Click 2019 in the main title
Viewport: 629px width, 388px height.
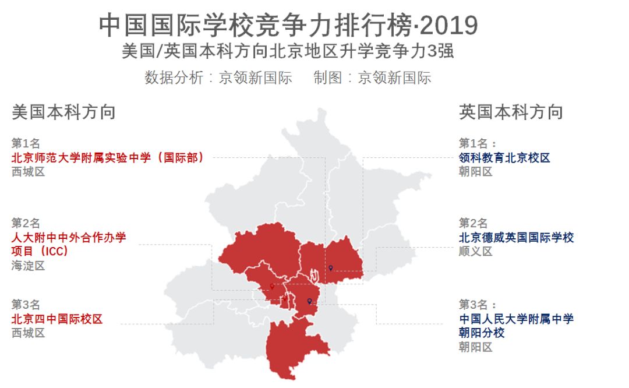tap(448, 25)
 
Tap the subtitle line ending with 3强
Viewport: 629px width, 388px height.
tap(288, 51)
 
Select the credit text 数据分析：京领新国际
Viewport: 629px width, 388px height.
tap(218, 78)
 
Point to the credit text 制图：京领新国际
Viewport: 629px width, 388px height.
tap(372, 78)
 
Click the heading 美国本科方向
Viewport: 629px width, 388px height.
tap(63, 112)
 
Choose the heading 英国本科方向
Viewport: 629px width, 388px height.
tap(511, 112)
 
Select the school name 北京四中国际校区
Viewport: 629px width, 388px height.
tap(57, 319)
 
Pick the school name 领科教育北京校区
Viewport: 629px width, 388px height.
tap(504, 158)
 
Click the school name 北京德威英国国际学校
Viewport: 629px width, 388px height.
tap(516, 238)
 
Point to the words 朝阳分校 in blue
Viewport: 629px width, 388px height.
tap(482, 333)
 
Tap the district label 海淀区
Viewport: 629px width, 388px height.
tap(28, 266)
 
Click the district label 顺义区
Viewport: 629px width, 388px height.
tap(475, 252)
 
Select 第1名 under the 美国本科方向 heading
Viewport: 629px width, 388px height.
tap(26, 143)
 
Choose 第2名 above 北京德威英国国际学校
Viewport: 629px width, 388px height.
tap(473, 223)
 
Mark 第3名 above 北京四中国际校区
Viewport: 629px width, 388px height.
tap(26, 305)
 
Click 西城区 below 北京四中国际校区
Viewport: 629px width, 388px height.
tap(28, 333)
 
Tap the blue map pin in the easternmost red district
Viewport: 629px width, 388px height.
tap(331, 267)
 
